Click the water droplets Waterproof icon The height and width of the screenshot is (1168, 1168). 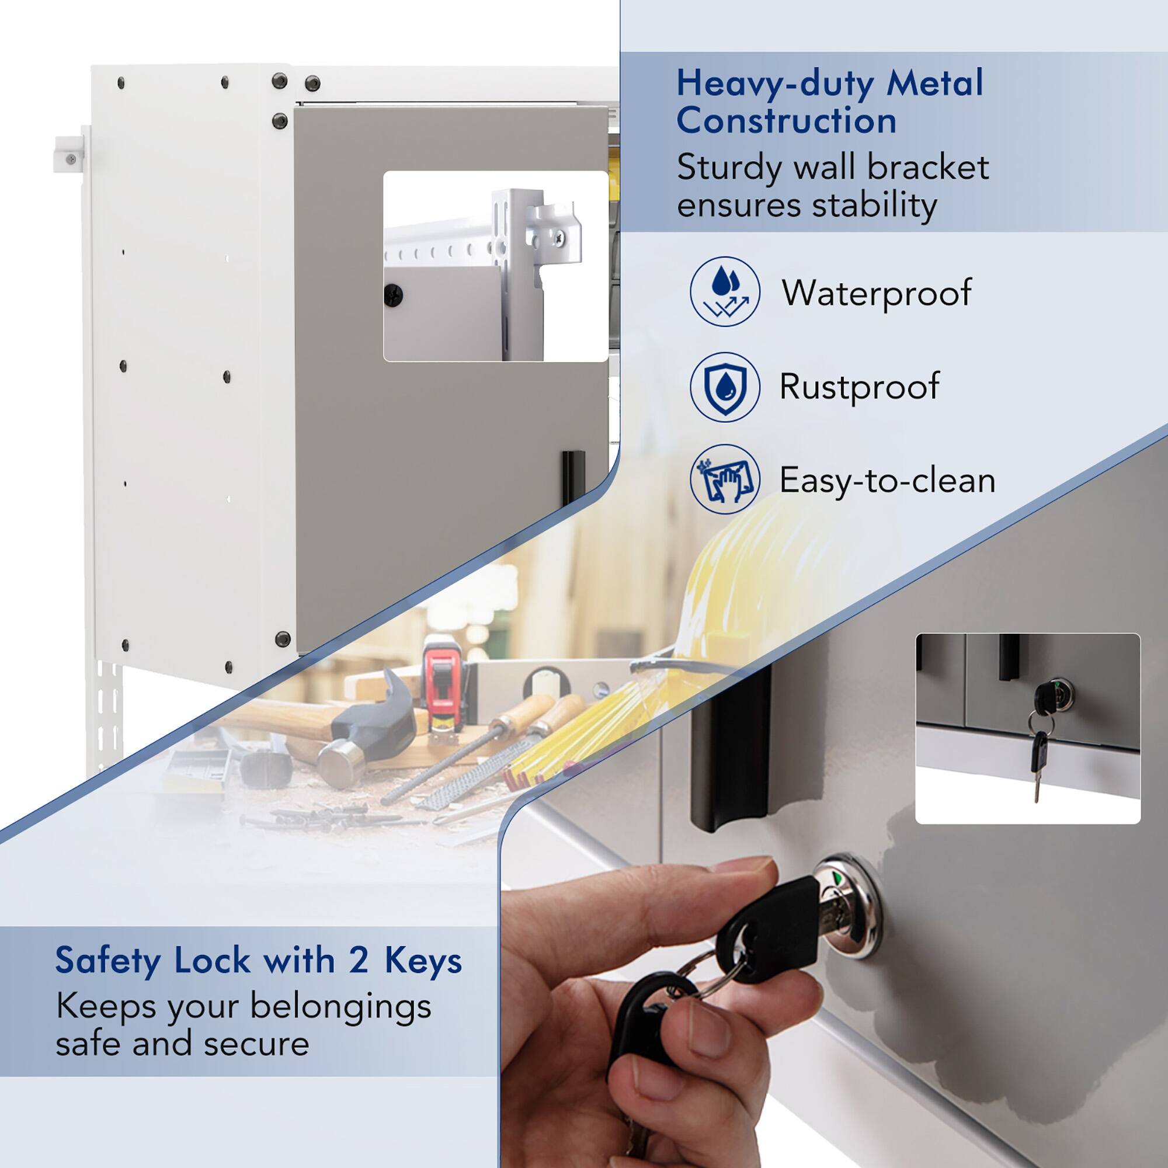pos(724,292)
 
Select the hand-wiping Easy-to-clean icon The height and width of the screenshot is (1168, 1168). pos(724,479)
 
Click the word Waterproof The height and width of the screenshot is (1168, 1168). pos(876,293)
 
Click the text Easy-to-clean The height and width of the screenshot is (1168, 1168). pos(887,481)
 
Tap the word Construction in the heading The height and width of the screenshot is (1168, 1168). pos(786,121)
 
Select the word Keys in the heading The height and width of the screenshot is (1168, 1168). pos(423,961)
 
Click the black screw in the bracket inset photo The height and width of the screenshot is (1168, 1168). pos(394,294)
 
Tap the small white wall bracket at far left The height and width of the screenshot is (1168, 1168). pos(68,154)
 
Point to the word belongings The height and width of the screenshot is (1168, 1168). pos(340,1007)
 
